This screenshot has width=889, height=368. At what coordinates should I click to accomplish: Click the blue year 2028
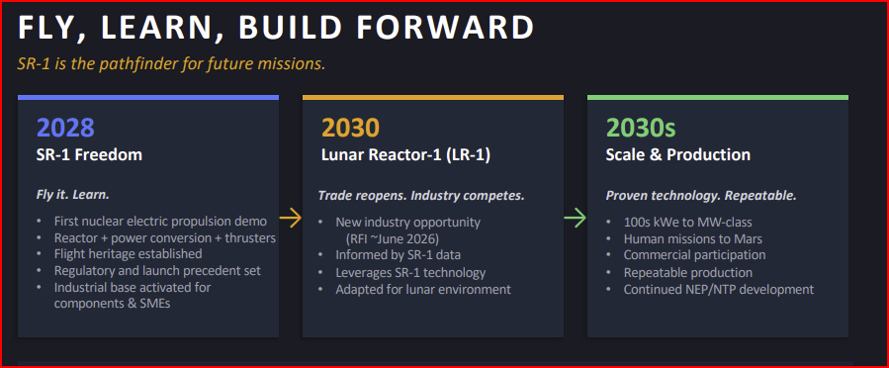[x=65, y=129]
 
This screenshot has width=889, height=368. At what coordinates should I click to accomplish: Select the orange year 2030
[x=350, y=129]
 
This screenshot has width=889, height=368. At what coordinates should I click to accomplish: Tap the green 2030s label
[x=641, y=129]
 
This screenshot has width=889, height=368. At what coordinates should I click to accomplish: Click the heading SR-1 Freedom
[x=90, y=154]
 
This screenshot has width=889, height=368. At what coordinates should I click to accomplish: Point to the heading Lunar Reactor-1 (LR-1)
[x=406, y=154]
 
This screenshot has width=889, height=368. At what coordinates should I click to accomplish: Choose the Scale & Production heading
[x=678, y=154]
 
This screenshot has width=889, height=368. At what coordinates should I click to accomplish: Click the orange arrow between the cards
[x=291, y=218]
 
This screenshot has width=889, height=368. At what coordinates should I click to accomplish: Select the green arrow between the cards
[x=575, y=218]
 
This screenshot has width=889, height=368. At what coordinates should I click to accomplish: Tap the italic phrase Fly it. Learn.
[x=73, y=195]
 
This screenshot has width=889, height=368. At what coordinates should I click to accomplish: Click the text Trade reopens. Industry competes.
[x=421, y=196]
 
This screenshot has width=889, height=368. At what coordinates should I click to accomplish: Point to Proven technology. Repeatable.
[x=701, y=196]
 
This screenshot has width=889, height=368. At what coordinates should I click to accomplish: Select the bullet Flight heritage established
[x=129, y=253]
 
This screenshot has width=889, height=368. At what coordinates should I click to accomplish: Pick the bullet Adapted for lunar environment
[x=423, y=289]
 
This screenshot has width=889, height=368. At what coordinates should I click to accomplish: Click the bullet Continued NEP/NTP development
[x=719, y=289]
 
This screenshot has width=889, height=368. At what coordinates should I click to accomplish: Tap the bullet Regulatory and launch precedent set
[x=157, y=270]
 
